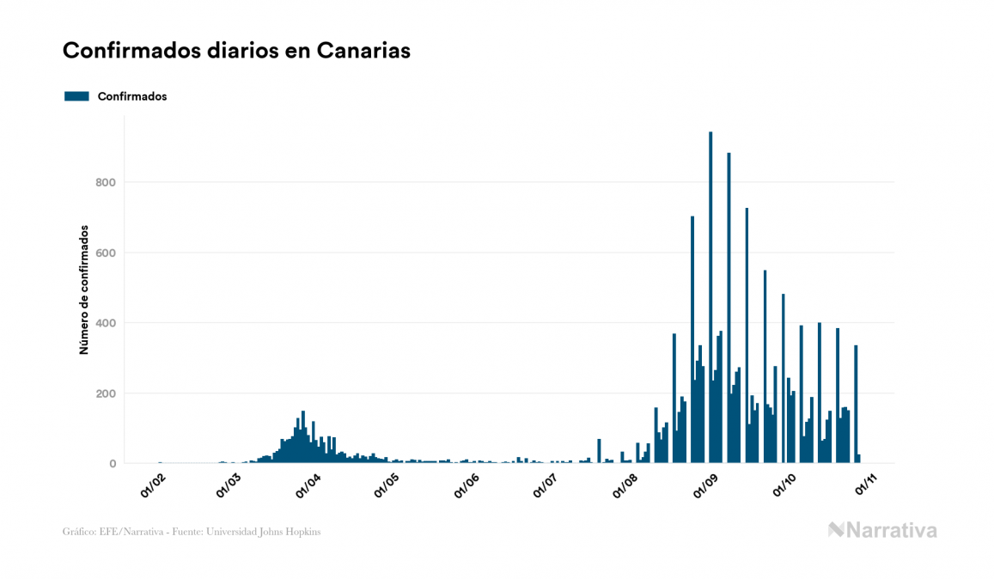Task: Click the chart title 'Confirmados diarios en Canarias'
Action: coord(236,51)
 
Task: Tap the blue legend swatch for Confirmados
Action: coord(76,96)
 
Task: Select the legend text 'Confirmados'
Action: coord(132,96)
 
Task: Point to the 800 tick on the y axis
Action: coord(106,182)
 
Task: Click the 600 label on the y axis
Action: coord(106,253)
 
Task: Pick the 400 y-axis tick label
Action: coord(106,323)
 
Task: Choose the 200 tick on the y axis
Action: coord(106,393)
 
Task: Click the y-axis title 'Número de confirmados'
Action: coord(84,289)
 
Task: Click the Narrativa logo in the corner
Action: coord(882,530)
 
